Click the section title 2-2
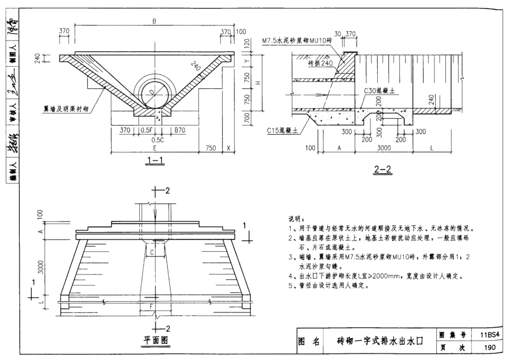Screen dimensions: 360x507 [x=383, y=168]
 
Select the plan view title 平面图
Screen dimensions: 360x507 [x=154, y=341]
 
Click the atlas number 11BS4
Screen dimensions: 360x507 [x=489, y=335]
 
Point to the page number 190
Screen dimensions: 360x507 [x=489, y=347]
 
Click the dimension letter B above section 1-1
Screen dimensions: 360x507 [x=154, y=22]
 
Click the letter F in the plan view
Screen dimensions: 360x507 [x=151, y=307]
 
